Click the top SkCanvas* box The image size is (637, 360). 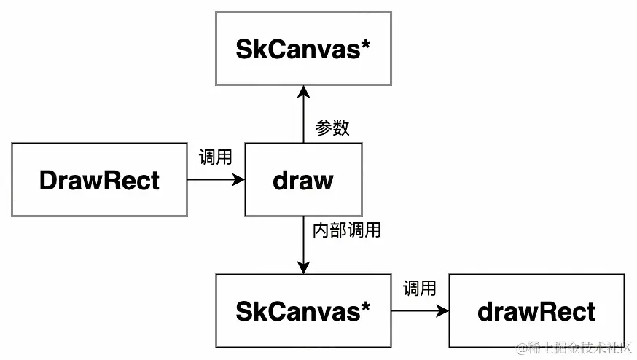point(303,48)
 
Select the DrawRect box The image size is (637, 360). point(99,179)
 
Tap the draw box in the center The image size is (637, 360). point(303,179)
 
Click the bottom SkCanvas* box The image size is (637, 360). point(303,311)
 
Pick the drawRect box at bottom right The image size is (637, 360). point(536,311)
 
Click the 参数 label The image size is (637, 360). point(332,128)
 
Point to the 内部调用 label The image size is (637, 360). point(346,231)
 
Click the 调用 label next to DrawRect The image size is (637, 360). point(215,157)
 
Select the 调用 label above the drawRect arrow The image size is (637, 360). point(419,289)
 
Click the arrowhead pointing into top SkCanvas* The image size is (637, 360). point(303,91)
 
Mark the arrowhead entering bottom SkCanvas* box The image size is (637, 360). point(303,268)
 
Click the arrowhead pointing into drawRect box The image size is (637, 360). point(442,311)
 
